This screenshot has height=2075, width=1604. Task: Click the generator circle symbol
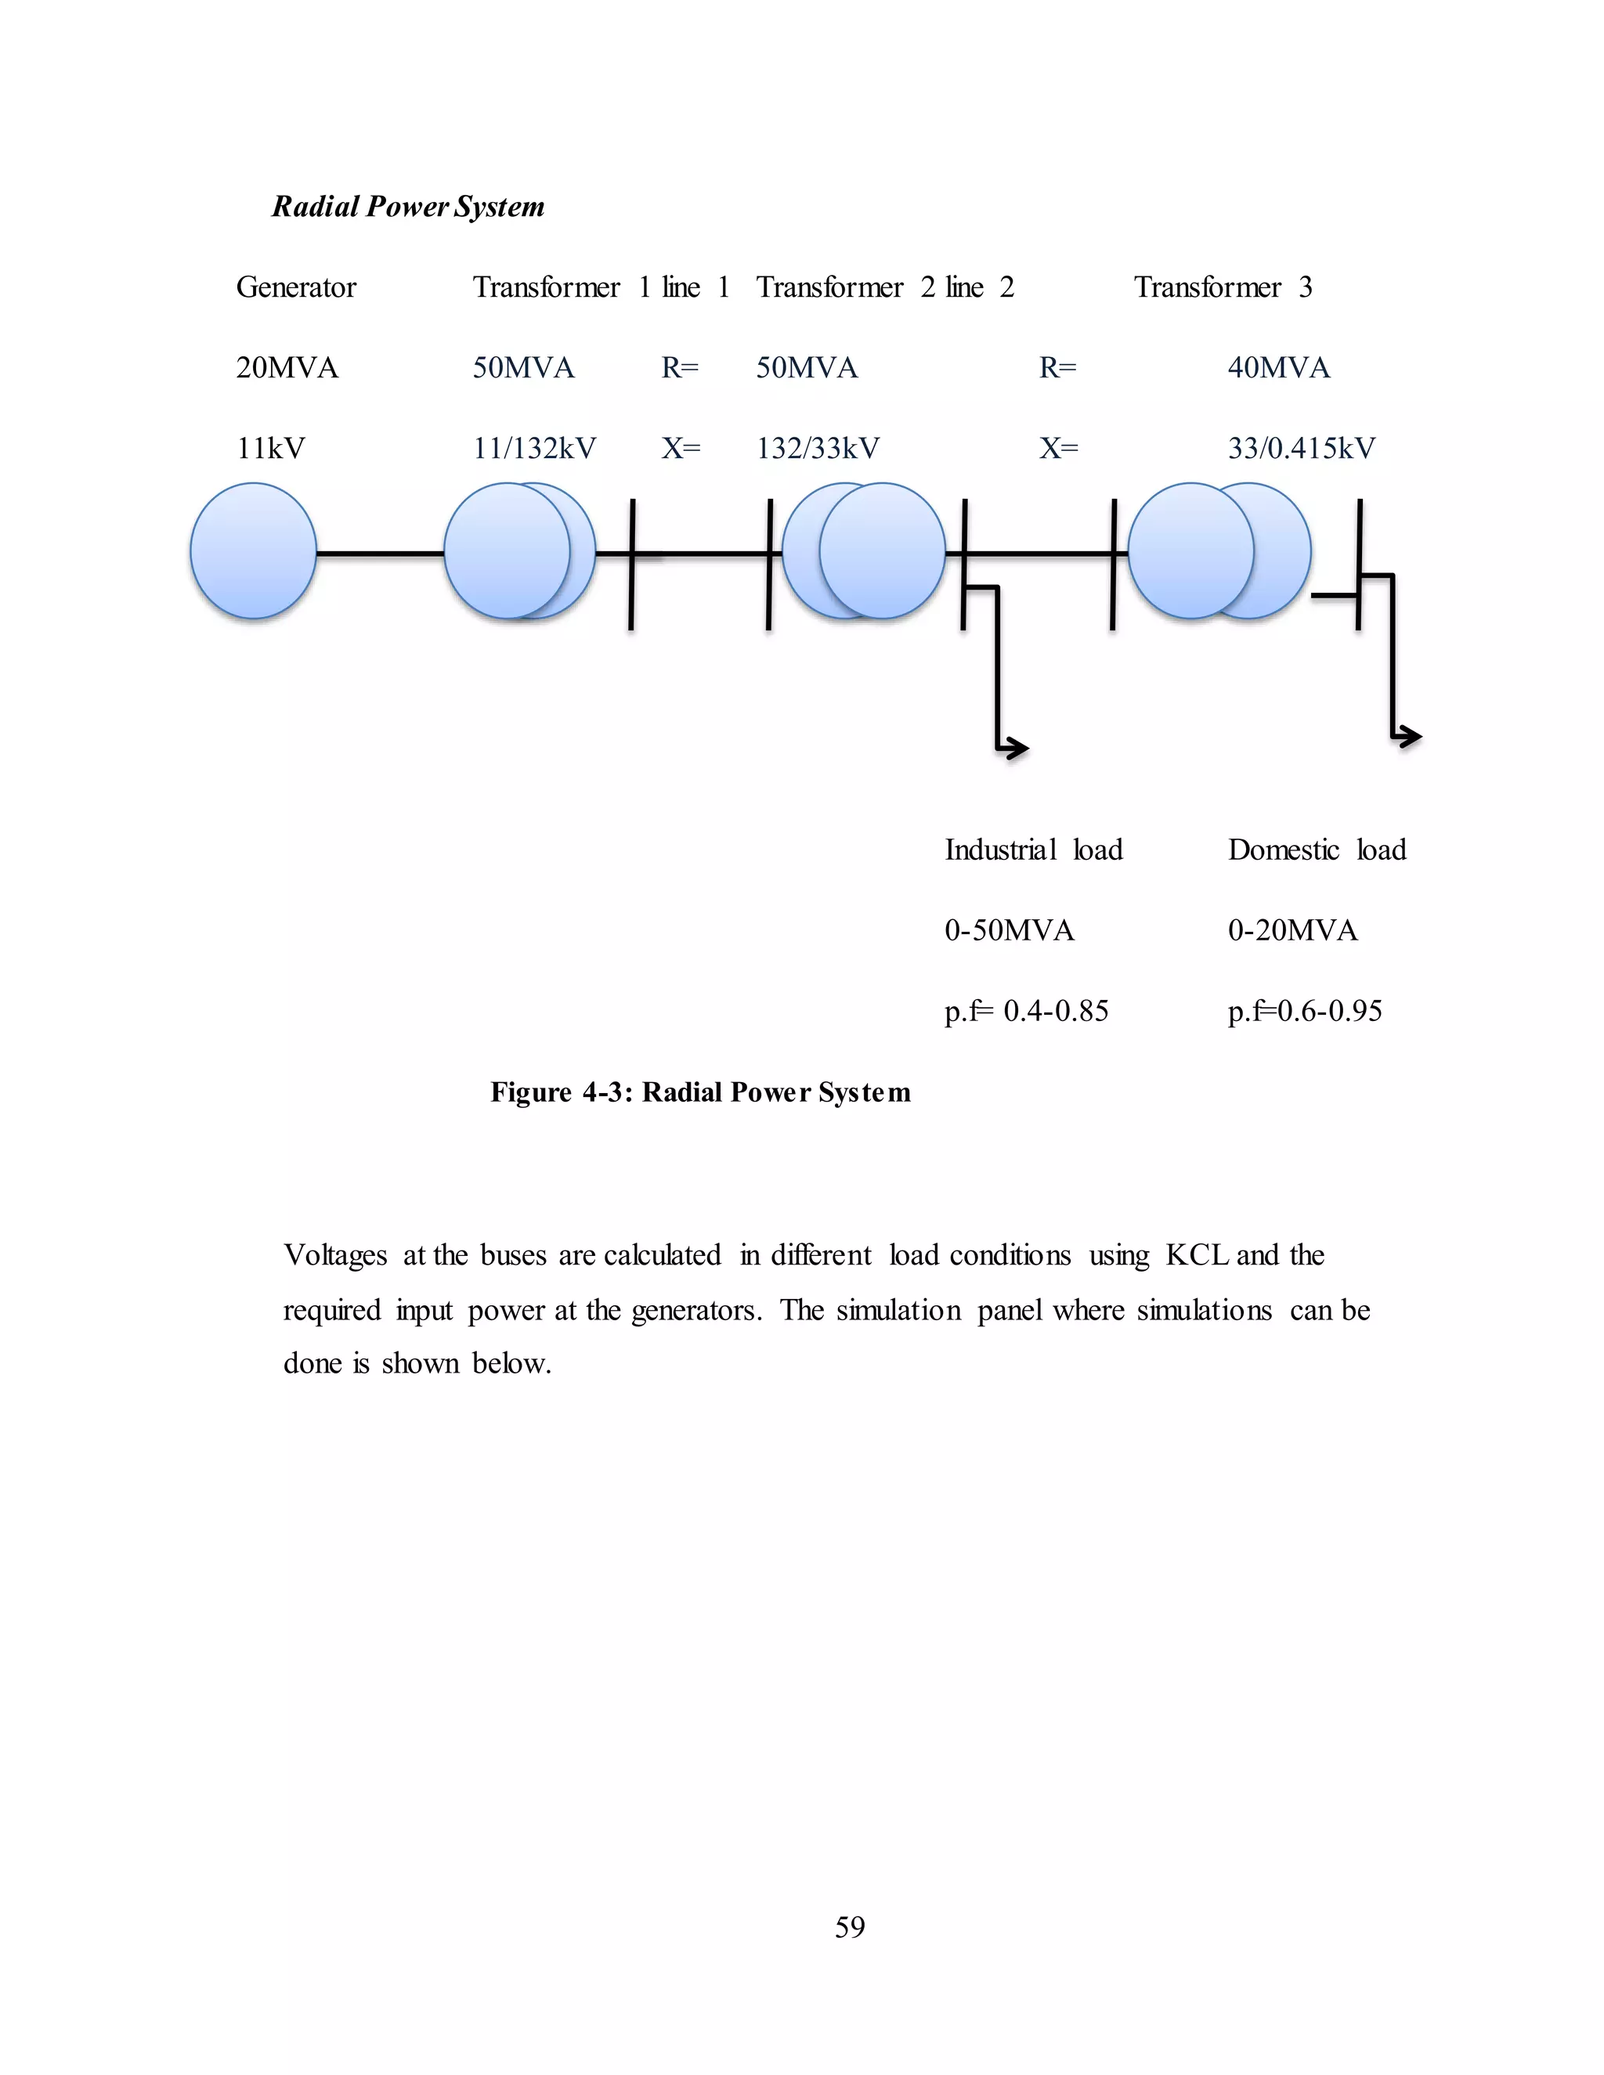[253, 551]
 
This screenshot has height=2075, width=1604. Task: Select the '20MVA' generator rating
[287, 368]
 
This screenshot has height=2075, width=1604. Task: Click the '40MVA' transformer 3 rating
[1278, 368]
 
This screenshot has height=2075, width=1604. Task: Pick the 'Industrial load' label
[1033, 850]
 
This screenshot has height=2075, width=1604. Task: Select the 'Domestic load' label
[1316, 850]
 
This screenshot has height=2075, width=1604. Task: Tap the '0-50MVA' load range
[1009, 930]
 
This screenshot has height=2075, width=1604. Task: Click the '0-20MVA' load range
[1292, 930]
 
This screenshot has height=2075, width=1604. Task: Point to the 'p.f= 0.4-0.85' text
[1026, 1011]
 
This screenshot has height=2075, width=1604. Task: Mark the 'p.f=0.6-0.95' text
[1305, 1011]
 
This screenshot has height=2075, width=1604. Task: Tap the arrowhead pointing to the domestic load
[1411, 735]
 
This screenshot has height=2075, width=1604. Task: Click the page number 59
[850, 1927]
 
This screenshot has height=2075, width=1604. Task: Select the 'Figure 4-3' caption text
[700, 1092]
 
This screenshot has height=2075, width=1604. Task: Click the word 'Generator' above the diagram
[295, 287]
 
